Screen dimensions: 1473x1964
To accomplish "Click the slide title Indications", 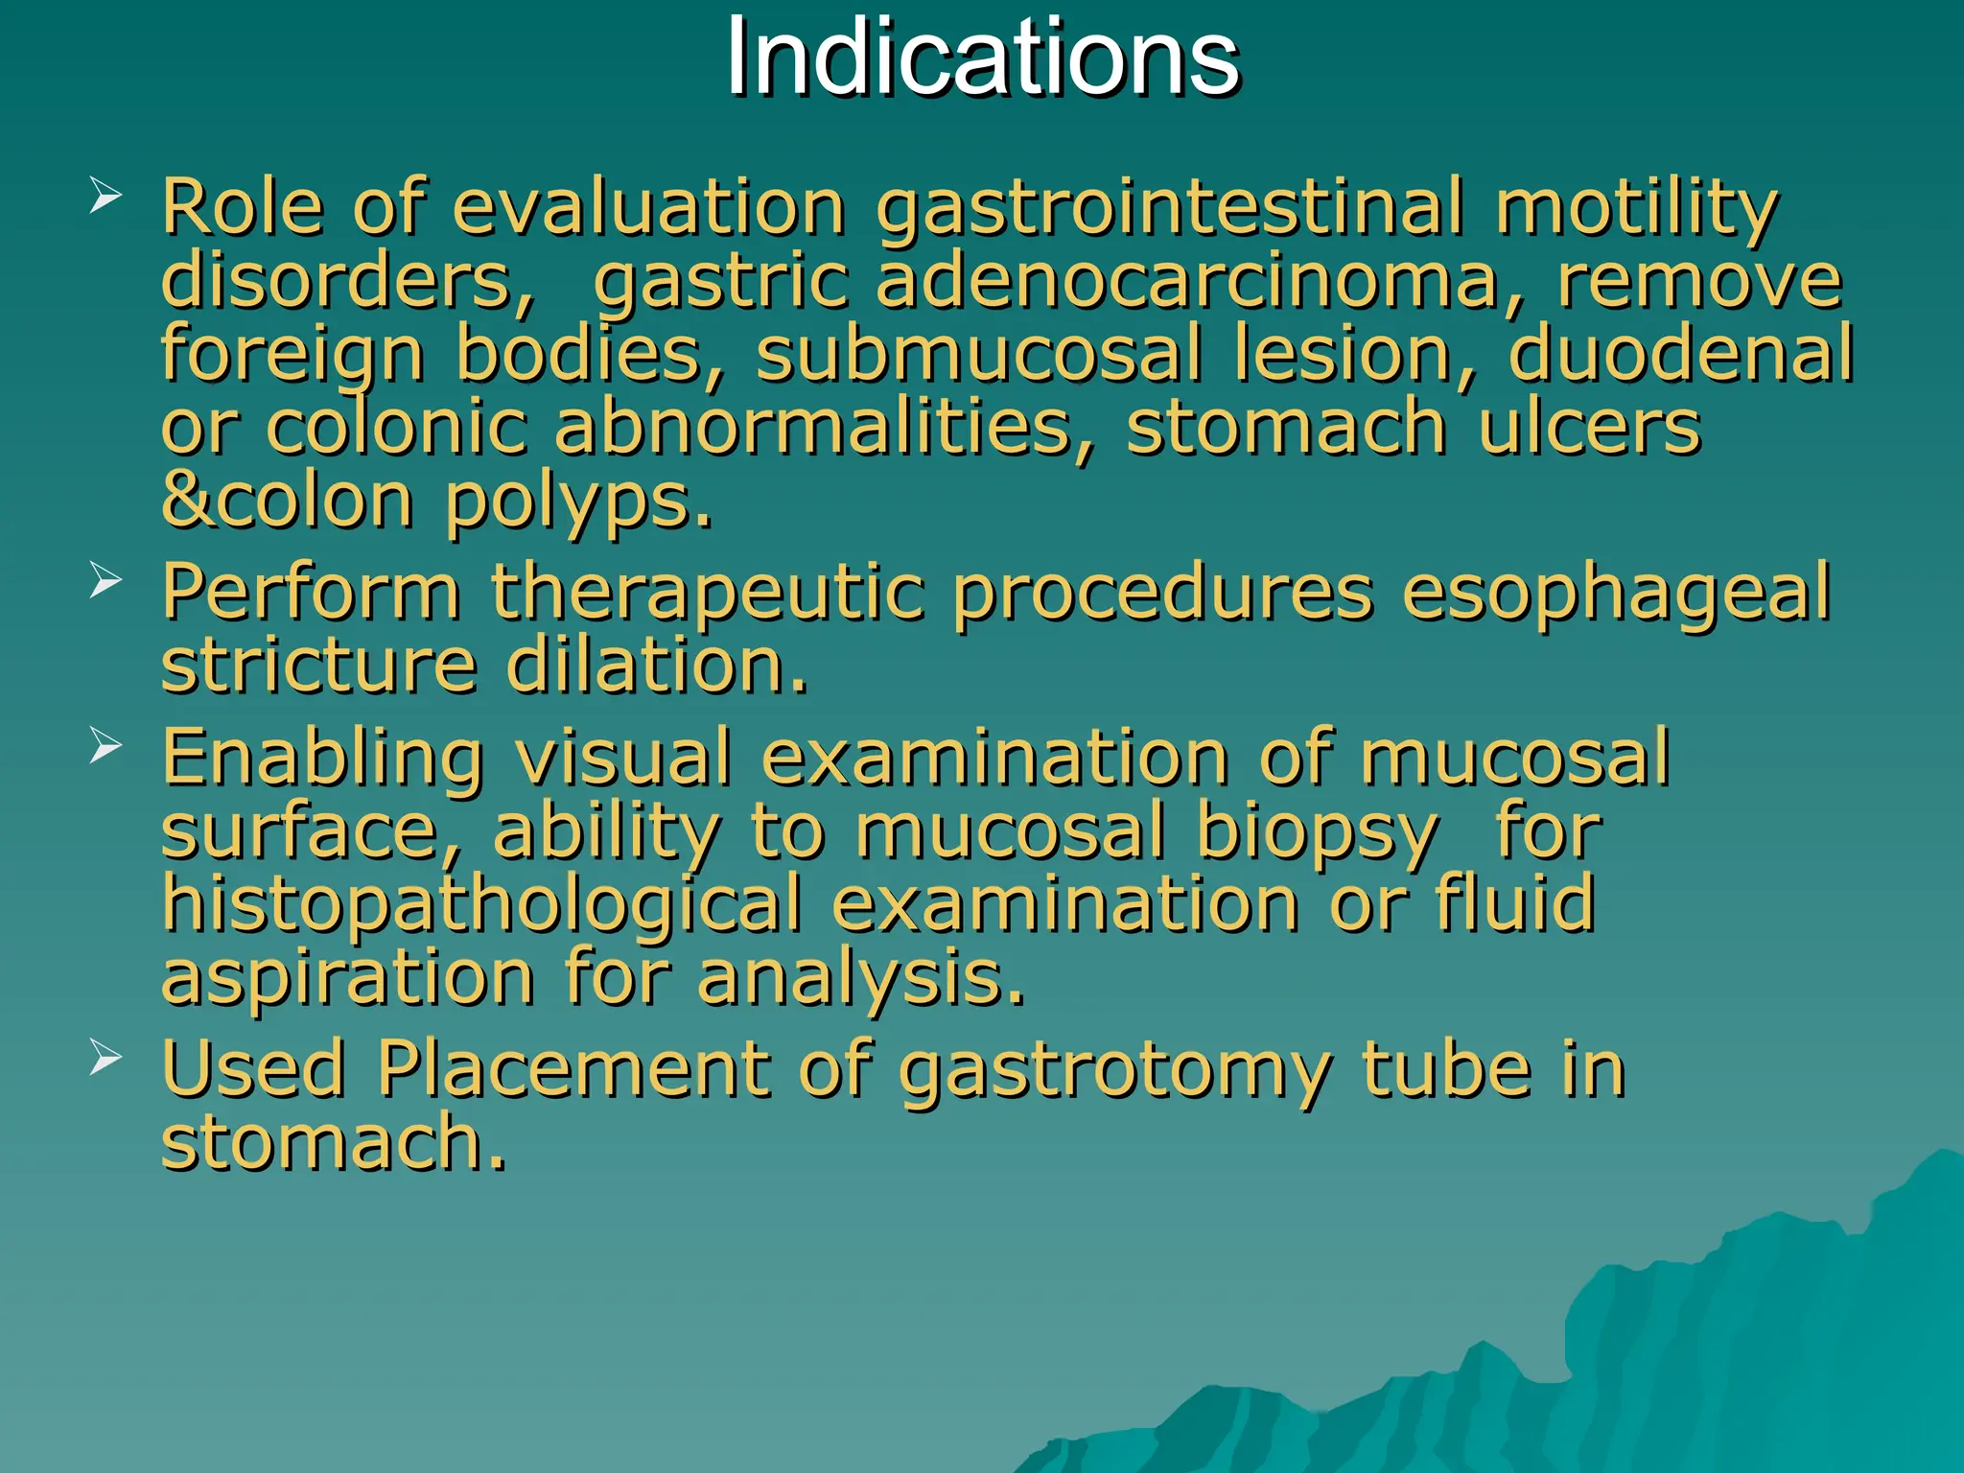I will coord(982,59).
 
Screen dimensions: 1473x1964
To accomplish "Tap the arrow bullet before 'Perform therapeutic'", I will coord(105,580).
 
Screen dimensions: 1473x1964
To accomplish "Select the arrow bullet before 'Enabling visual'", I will coord(105,746).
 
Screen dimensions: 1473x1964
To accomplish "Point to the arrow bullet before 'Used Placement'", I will coord(105,1058).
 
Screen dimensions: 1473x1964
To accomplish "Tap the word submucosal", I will coord(979,354).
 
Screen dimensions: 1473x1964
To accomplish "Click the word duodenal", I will coord(1680,354).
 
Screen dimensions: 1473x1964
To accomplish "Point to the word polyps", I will coord(579,503).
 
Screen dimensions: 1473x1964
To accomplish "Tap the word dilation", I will coord(657,666).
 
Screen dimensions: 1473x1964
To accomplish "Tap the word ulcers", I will coord(1589,427).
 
